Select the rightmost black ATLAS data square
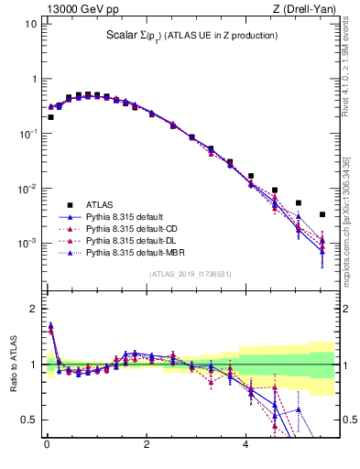coord(322,214)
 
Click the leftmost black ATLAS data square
coord(50,117)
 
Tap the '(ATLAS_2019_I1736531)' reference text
coord(189,274)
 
